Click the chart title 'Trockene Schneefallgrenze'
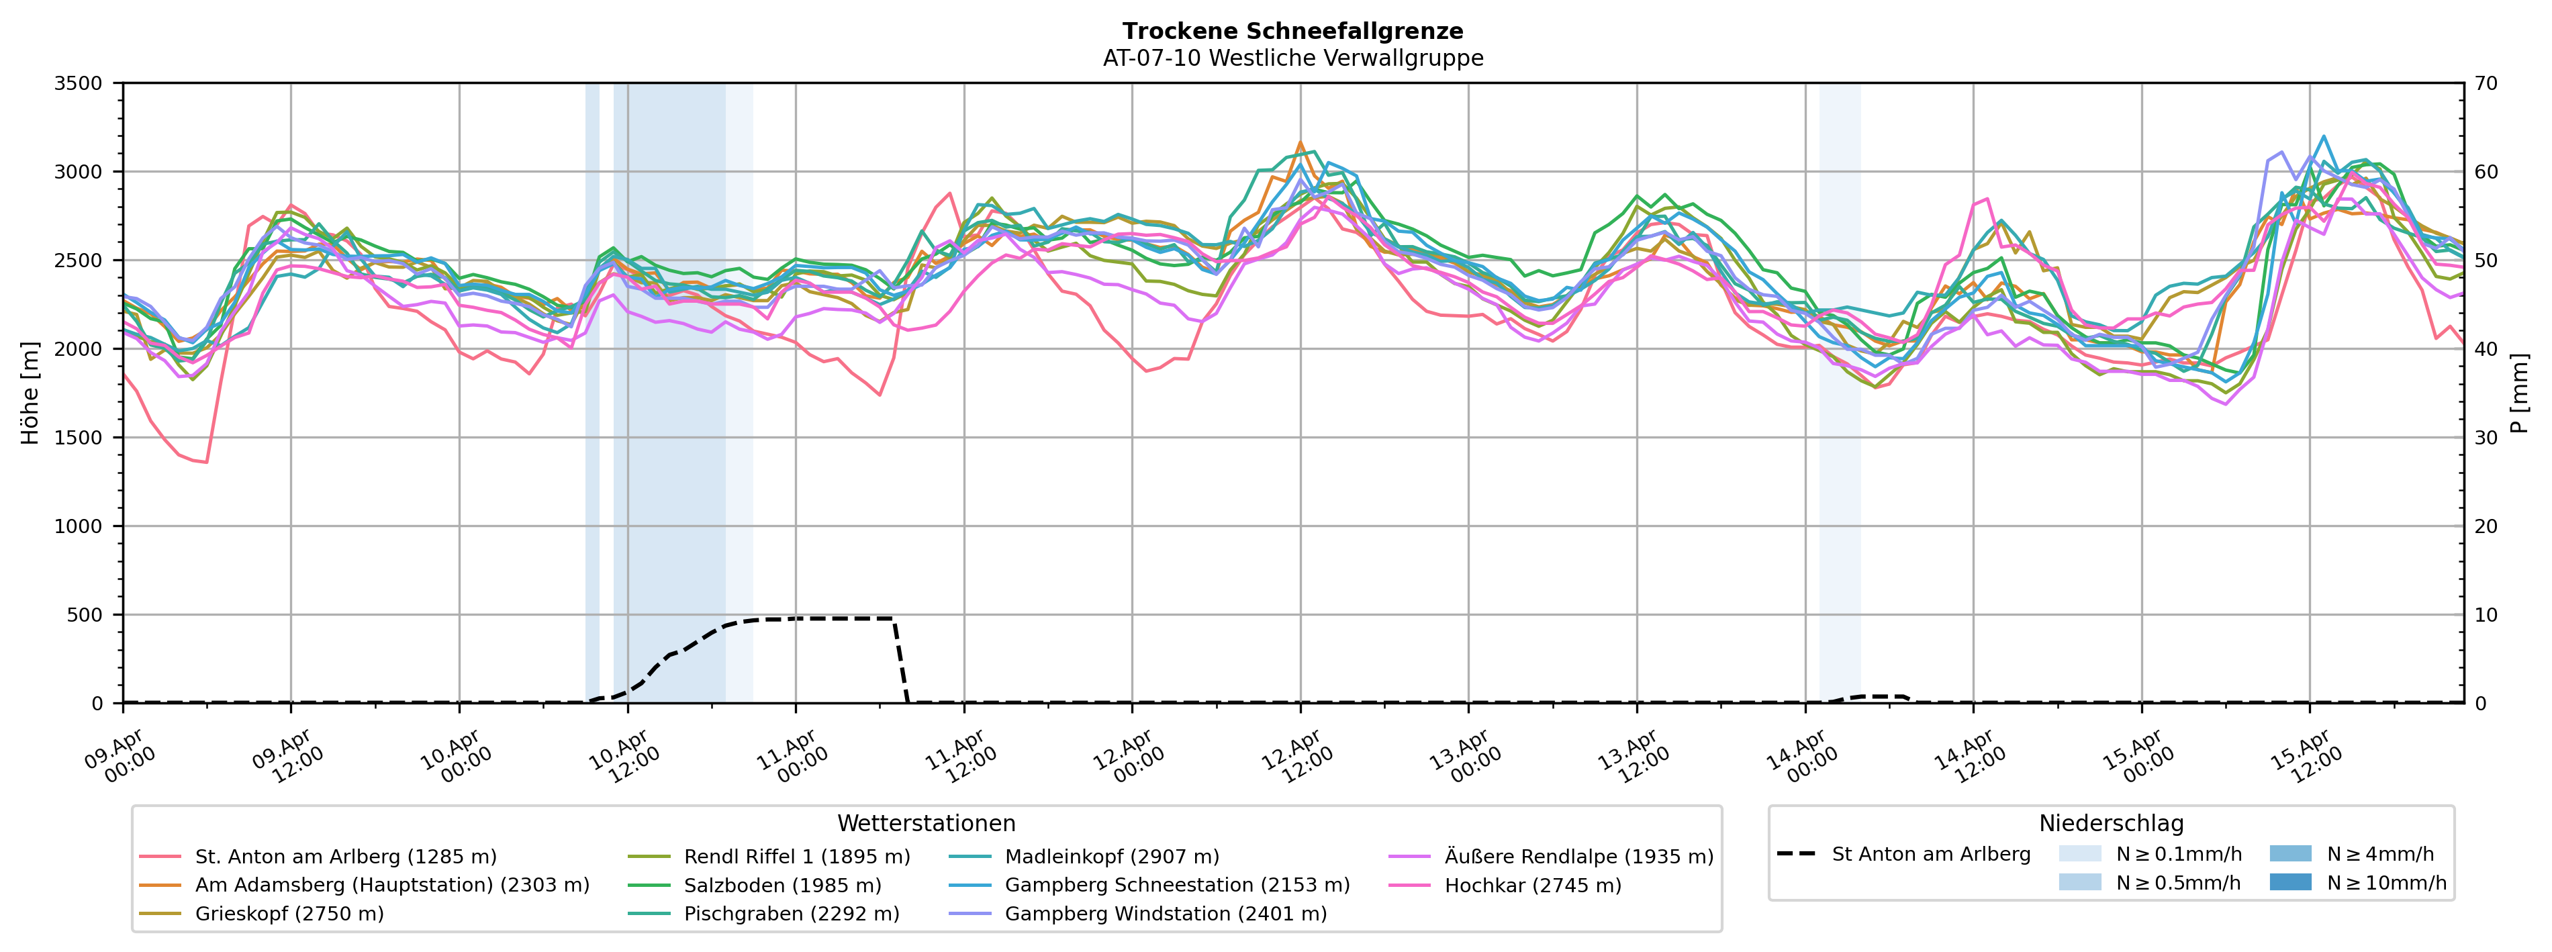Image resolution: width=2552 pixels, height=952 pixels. point(1293,32)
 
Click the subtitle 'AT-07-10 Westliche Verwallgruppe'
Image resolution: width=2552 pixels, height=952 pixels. point(1293,58)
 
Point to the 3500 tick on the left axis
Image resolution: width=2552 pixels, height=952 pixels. point(79,83)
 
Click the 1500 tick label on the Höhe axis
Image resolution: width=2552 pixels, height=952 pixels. point(79,438)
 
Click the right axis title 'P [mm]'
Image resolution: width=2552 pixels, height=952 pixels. point(2519,393)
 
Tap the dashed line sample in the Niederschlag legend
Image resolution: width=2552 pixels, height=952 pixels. point(1796,854)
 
